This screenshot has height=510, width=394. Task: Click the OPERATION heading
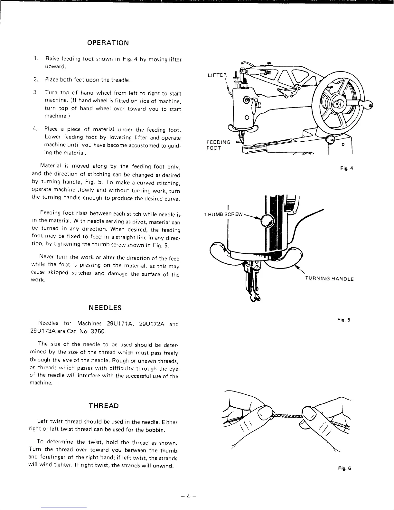(x=108, y=43)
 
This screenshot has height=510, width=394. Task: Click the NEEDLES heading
(x=105, y=307)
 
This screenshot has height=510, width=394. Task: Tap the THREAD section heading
(x=104, y=405)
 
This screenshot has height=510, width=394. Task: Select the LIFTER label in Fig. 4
(x=218, y=75)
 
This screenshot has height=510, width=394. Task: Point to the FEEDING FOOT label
(x=218, y=145)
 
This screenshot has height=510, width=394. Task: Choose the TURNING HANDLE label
(x=329, y=279)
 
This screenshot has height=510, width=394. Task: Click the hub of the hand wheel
(x=337, y=104)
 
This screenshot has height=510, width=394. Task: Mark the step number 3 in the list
(x=35, y=93)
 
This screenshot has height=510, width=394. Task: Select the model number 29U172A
(x=152, y=324)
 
